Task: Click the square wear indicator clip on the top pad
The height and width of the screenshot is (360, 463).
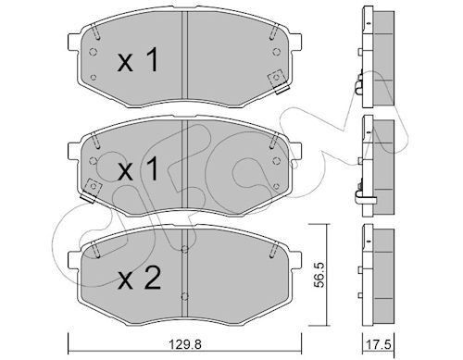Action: click(275, 80)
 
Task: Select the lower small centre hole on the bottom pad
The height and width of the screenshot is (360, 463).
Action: click(187, 298)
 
